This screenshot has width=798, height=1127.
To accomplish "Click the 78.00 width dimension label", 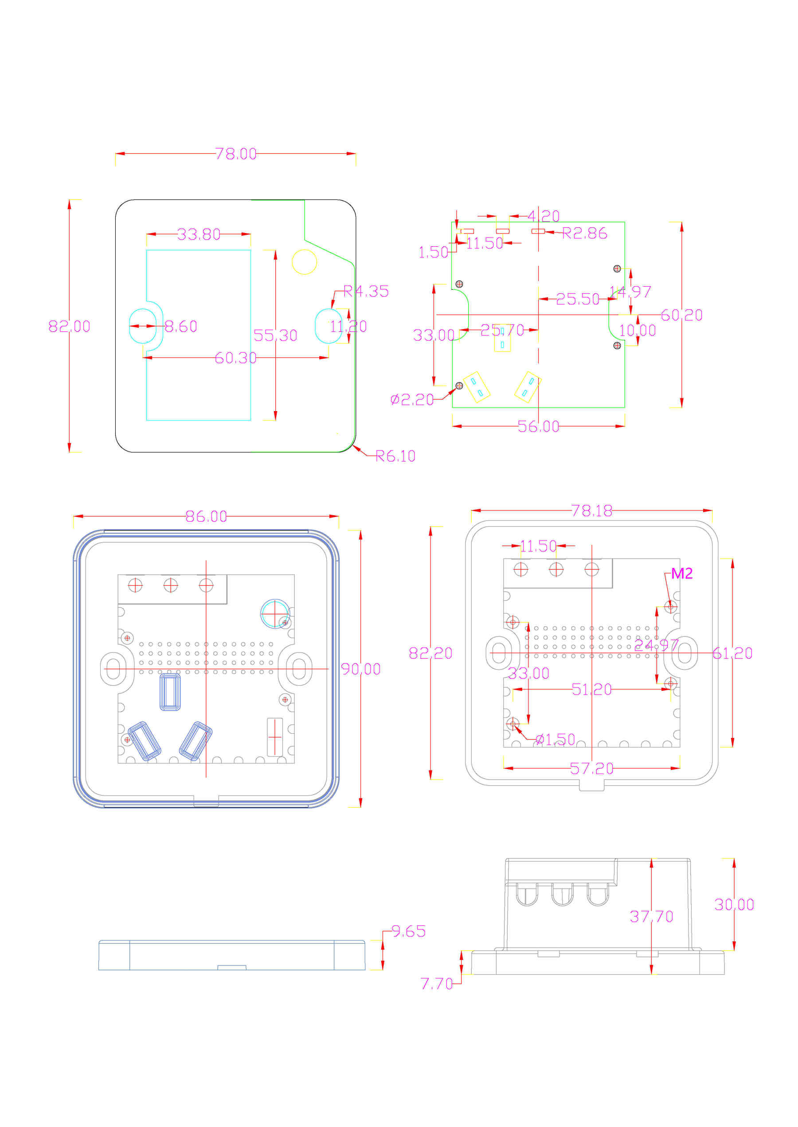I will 235,154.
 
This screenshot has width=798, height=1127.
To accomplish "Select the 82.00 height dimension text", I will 69,326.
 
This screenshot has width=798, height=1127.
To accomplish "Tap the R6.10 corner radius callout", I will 395,456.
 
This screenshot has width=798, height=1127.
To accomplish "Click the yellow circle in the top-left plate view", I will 304,262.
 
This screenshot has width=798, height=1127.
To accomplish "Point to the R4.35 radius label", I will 366,291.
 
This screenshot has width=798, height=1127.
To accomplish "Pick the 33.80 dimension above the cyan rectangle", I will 199,234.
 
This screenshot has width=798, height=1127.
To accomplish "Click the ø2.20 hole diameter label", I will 412,400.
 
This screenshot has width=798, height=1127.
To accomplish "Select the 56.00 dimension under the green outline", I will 538,426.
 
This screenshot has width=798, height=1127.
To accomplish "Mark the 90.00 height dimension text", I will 361,669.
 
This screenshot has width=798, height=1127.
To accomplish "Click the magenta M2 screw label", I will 681,573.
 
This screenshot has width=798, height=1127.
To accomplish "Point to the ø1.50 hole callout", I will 555,739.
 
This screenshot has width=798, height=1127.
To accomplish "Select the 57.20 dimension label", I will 591,769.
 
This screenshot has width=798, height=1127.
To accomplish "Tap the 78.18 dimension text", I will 591,511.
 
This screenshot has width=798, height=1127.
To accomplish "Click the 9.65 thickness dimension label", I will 408,931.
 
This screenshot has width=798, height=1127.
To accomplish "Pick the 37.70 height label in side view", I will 651,916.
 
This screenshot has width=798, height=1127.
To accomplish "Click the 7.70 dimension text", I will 436,983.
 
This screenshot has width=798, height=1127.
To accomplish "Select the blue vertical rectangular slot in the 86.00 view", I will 170,692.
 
